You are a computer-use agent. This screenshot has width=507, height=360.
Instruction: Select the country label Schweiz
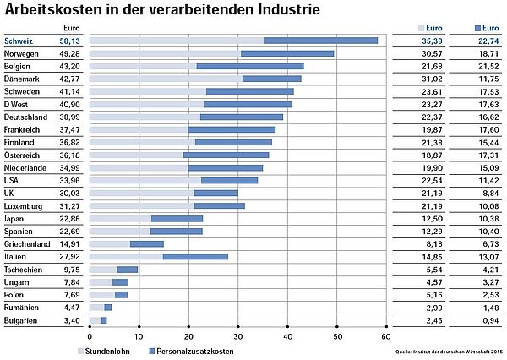pyautogui.click(x=19, y=41)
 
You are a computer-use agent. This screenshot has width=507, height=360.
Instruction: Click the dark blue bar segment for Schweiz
pyautogui.click(x=321, y=41)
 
